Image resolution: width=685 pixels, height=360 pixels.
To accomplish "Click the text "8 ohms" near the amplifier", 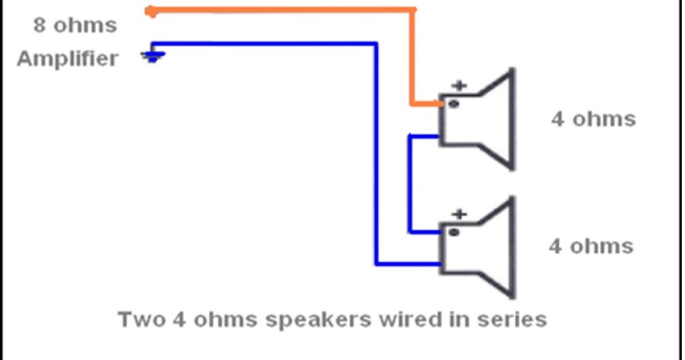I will pos(75,25).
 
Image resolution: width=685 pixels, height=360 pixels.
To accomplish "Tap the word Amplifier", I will pos(68,58).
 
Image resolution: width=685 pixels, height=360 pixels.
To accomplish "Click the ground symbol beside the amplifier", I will pos(152,56).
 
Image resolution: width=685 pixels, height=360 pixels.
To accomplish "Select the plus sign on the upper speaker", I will pos(460,86).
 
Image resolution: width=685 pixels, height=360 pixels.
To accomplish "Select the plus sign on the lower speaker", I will pos(460,213).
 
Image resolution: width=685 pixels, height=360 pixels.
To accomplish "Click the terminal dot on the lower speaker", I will pos(454,231).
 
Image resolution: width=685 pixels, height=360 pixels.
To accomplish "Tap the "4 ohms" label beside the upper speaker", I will pos(593,119).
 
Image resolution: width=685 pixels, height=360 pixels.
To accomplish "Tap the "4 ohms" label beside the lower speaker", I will pos(591,246).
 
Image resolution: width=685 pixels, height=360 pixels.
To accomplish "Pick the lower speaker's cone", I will pos(495,246).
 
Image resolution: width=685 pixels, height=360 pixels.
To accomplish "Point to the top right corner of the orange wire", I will pos(414,11).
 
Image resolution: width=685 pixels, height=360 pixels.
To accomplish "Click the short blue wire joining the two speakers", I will pos(410,183).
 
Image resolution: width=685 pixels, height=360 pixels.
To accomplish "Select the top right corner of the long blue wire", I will pos(376,44).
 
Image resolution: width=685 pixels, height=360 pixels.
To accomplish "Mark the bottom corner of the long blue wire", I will pos(376,263).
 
